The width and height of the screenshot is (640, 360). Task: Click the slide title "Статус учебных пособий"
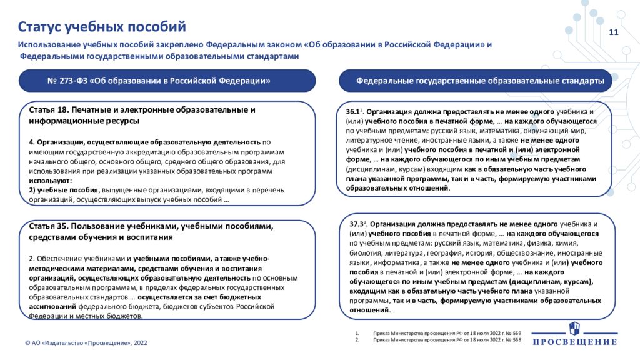[102, 26]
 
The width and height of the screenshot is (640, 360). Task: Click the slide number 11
[613, 32]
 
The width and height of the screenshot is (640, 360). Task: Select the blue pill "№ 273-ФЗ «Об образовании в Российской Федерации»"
[159, 81]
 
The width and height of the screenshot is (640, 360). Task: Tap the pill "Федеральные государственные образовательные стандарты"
[479, 81]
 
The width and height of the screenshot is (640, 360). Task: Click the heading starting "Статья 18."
[142, 114]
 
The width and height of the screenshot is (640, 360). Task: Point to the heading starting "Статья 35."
[151, 231]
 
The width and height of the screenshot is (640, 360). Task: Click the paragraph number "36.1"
[353, 111]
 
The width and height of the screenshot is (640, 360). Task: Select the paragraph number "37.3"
[356, 223]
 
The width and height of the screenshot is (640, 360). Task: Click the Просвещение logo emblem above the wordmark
[574, 329]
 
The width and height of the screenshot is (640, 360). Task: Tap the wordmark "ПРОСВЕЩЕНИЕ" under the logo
[574, 342]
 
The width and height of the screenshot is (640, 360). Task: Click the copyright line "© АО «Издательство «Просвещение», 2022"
[86, 342]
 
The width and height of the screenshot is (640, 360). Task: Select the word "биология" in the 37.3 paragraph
[365, 253]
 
